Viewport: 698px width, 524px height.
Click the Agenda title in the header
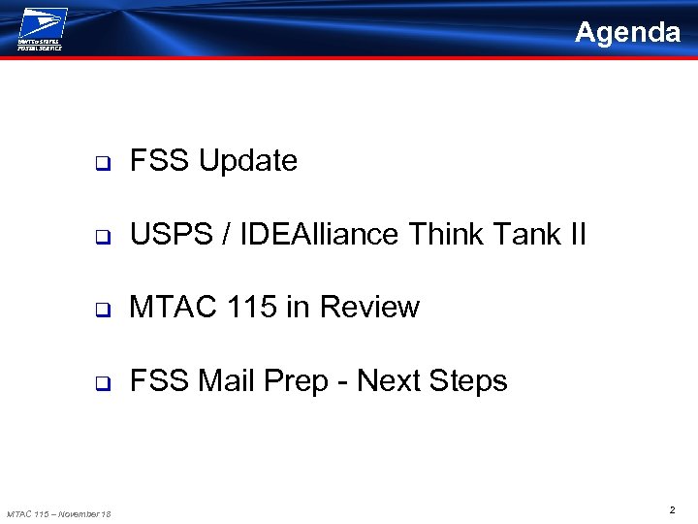pyautogui.click(x=627, y=33)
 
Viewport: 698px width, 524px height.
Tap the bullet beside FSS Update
pyautogui.click(x=100, y=162)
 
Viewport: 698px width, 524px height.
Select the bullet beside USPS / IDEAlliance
pyautogui.click(x=100, y=236)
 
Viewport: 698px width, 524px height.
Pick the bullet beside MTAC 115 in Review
pyautogui.click(x=100, y=310)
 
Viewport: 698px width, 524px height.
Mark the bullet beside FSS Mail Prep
pyautogui.click(x=100, y=383)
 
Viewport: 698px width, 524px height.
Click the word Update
pyautogui.click(x=248, y=161)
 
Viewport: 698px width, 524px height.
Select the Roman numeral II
pyautogui.click(x=578, y=234)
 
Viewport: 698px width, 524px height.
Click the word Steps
pyautogui.click(x=469, y=381)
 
